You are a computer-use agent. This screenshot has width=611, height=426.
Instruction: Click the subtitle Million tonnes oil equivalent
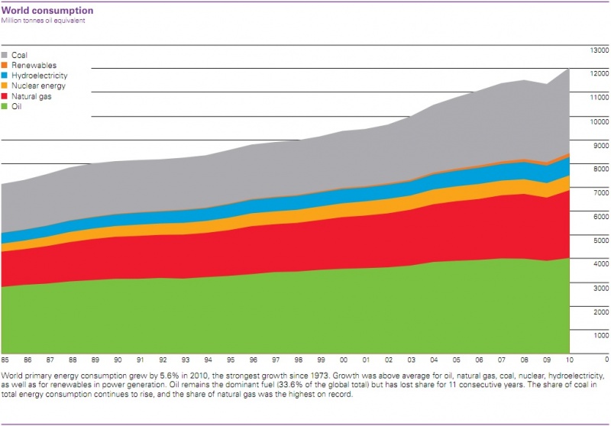pyautogui.click(x=43, y=21)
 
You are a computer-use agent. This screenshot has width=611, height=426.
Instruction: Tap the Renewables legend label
pyautogui.click(x=34, y=66)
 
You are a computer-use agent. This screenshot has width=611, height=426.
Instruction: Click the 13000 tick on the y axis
pyautogui.click(x=598, y=50)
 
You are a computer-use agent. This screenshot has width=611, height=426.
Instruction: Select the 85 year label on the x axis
pyautogui.click(x=5, y=359)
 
